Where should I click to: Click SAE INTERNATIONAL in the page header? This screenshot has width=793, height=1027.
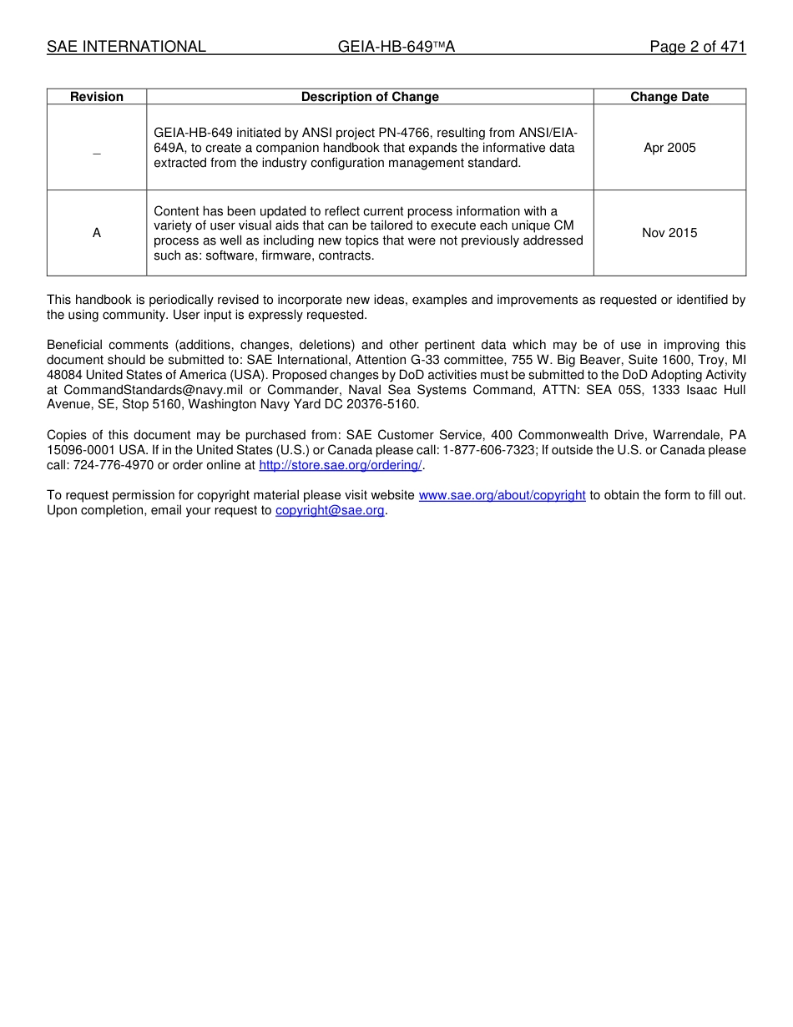click(126, 47)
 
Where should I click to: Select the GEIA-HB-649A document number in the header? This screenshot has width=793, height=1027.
click(396, 47)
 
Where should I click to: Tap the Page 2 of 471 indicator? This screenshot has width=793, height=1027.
click(697, 47)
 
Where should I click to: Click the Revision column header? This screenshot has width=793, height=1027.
click(97, 97)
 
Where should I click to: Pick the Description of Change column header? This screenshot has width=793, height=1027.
click(370, 97)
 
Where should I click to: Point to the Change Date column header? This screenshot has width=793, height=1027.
click(669, 97)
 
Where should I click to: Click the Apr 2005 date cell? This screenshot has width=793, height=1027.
click(669, 148)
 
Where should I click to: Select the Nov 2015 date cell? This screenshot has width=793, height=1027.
click(669, 233)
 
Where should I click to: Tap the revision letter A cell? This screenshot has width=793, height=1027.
click(97, 233)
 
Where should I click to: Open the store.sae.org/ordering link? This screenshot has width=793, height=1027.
click(341, 465)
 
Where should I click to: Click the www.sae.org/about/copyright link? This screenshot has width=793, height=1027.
click(502, 495)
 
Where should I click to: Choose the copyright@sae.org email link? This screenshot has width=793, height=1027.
click(330, 510)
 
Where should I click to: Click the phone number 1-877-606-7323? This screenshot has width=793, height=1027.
click(489, 450)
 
